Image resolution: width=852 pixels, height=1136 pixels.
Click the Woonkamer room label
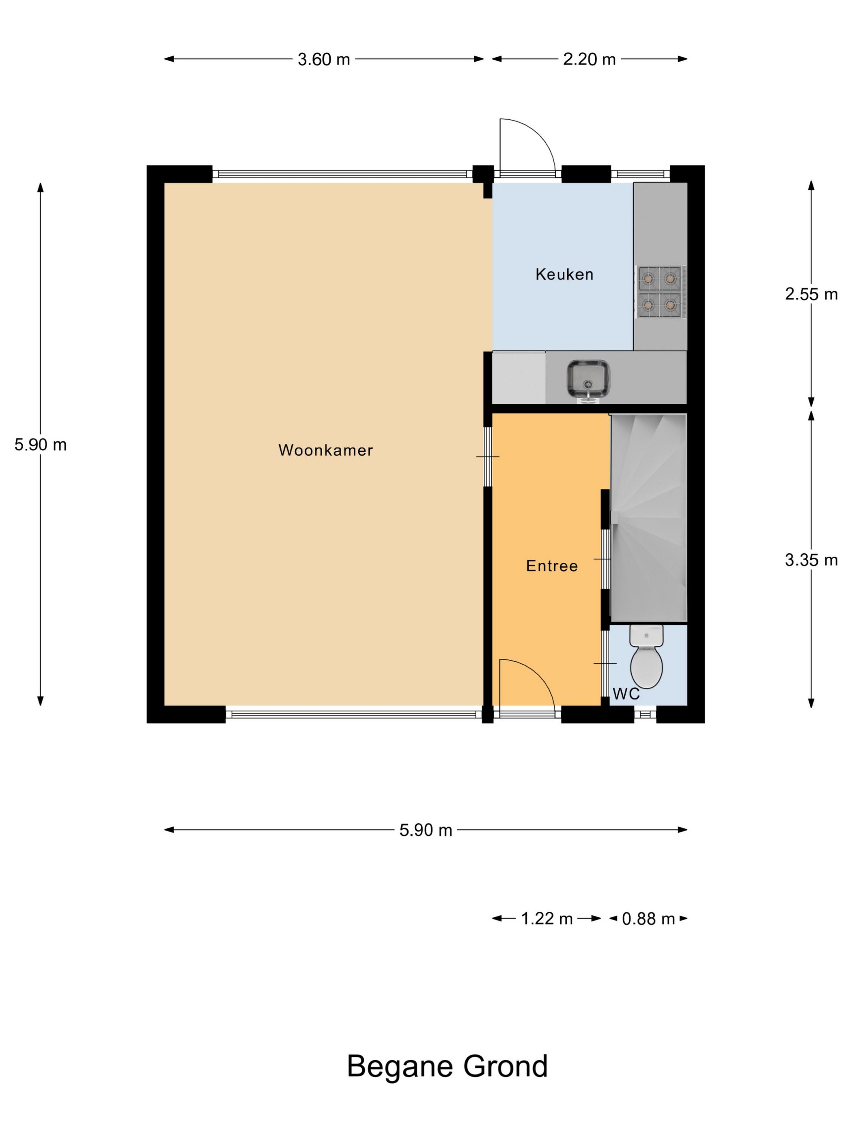(326, 450)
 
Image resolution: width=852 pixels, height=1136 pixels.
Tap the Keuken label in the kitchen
(564, 274)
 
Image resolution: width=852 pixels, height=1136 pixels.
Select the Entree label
(552, 566)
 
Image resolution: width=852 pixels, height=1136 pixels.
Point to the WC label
(626, 694)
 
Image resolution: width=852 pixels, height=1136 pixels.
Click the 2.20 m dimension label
(589, 60)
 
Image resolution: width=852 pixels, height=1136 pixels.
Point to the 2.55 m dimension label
(811, 294)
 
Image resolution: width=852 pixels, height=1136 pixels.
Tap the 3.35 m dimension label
(811, 560)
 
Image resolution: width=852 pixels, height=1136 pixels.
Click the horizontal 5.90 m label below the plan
(426, 830)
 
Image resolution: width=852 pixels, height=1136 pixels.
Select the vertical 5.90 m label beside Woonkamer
(41, 445)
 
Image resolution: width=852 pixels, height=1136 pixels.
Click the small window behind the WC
(645, 714)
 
